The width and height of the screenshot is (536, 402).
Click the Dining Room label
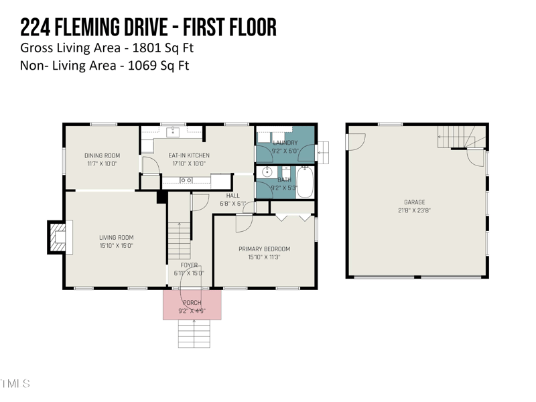tap(103, 155)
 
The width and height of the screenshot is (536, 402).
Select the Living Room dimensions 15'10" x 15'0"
tap(116, 246)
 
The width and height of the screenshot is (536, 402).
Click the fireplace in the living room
tap(58, 237)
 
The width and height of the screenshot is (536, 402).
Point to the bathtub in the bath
tap(305, 182)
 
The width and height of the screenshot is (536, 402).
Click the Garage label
tap(414, 202)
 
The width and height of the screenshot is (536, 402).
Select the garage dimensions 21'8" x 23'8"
tap(414, 210)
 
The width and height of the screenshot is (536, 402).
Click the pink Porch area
tap(192, 305)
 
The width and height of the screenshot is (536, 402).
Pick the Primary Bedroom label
tap(264, 249)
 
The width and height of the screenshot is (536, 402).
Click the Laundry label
tap(285, 143)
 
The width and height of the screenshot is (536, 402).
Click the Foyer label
tap(189, 265)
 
